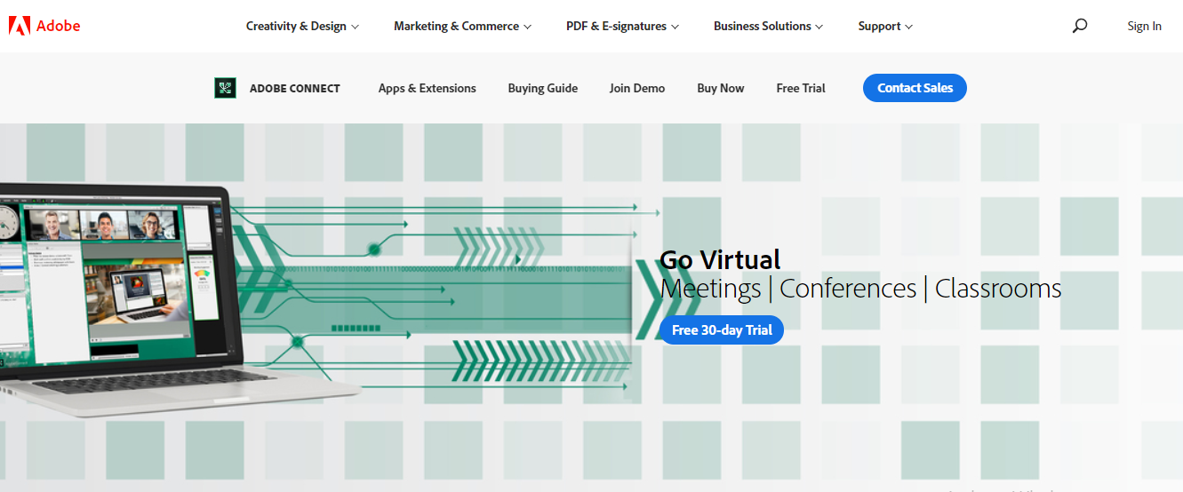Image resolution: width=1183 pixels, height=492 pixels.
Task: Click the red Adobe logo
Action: coord(19,26)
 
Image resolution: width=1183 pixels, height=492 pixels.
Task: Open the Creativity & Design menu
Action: coord(302,27)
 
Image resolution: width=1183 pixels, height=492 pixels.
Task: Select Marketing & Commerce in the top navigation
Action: coord(462,27)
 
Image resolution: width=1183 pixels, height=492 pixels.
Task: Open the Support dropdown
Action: coord(885,27)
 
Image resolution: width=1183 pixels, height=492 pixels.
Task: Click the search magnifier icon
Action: coord(1080,26)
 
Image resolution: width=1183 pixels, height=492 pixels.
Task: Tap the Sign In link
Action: coord(1144,27)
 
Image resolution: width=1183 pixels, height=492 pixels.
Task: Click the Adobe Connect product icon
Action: coord(225,88)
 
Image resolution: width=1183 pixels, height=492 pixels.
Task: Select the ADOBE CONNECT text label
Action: coord(294,89)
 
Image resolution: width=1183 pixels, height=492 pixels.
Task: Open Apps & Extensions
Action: coord(427,89)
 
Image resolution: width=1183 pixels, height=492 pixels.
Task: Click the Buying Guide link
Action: coord(543,89)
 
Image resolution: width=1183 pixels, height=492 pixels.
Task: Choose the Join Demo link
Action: coord(637,89)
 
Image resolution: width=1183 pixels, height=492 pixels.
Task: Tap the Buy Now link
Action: coord(721,89)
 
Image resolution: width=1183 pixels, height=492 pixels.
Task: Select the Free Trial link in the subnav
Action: coord(801,89)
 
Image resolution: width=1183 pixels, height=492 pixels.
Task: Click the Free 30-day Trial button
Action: coord(722,330)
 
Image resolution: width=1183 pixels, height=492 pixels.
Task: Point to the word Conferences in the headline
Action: coord(848,290)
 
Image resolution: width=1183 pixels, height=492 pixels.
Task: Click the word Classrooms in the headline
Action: coord(998,290)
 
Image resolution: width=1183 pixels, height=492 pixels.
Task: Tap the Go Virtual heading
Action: coord(720,260)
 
